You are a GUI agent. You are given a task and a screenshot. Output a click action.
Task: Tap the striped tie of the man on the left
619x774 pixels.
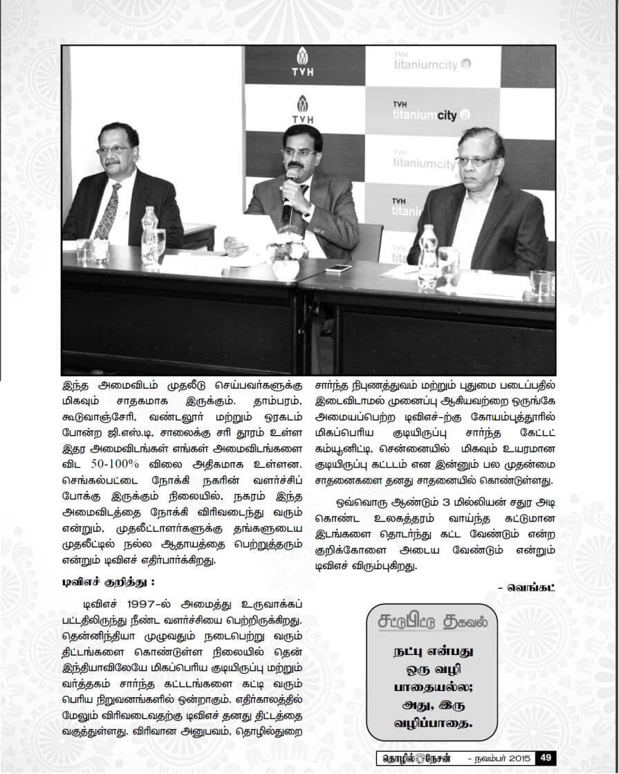[109, 212]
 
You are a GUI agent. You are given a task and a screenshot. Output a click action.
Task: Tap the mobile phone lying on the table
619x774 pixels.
[339, 268]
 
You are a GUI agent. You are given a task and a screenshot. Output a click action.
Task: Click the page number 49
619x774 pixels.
[544, 757]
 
